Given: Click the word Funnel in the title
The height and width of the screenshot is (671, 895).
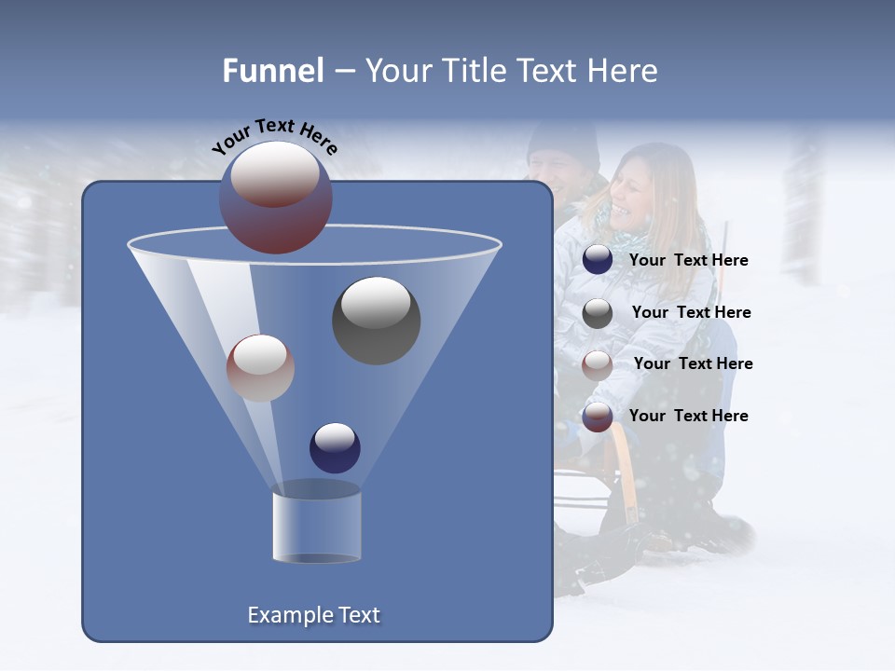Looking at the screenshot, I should tap(272, 71).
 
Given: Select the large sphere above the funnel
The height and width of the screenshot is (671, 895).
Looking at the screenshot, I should tap(276, 197).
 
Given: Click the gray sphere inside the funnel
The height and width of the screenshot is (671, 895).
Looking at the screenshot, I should tap(376, 320).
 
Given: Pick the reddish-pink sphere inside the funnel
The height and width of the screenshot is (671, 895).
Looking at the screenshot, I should tap(260, 367).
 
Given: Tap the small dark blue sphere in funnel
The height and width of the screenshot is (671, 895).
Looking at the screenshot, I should tap(335, 447).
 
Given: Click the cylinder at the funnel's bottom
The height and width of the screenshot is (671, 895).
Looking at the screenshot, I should tap(316, 527).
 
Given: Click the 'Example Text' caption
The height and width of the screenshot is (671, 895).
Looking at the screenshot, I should tap(314, 615).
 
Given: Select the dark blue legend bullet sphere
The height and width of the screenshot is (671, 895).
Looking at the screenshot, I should tap(598, 260).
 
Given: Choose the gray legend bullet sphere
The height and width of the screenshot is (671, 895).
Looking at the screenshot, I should tap(598, 313).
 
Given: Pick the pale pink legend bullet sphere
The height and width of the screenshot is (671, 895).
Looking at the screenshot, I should tap(598, 364).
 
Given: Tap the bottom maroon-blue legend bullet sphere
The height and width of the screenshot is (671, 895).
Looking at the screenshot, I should tap(598, 417).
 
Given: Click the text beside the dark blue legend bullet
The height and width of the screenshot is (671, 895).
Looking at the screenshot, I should tap(688, 261).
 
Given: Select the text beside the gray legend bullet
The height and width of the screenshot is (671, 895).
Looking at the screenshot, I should tap(691, 313).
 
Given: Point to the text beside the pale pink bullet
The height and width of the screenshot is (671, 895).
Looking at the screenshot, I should tap(693, 364).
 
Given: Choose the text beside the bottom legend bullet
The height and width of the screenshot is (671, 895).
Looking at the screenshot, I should tap(688, 417).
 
